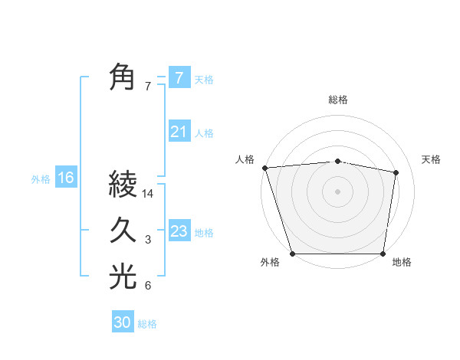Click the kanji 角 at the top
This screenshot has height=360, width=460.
[x=123, y=77]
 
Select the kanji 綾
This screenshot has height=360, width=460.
[x=123, y=185]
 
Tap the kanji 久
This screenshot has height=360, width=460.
[x=123, y=231]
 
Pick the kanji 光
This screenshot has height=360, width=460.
[x=123, y=277]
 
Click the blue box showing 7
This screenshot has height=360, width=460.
[x=179, y=78]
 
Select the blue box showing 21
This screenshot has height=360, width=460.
[x=179, y=132]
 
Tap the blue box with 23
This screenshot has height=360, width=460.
[x=179, y=231]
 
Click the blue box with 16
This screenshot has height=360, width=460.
[x=65, y=178]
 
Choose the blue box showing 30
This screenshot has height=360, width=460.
[x=122, y=322]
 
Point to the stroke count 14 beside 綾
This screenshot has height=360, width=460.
[x=148, y=194]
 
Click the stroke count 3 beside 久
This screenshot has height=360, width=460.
[x=148, y=241]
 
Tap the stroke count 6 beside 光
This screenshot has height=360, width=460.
[x=148, y=286]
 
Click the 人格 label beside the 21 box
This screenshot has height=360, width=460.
[x=204, y=133]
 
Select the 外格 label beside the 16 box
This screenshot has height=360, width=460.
[x=41, y=179]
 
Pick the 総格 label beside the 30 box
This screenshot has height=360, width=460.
[x=147, y=324]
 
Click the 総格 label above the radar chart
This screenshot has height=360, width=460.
[x=337, y=100]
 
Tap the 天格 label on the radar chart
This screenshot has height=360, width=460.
[x=432, y=159]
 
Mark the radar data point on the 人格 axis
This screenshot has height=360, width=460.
[x=264, y=168]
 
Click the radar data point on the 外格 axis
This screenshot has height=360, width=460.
[x=293, y=254]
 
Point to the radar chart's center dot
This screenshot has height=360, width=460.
[x=337, y=191]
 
